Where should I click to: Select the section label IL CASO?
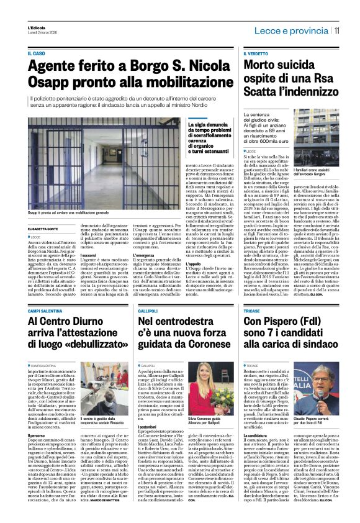pos(36,55)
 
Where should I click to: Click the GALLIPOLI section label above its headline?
pos(149,310)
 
